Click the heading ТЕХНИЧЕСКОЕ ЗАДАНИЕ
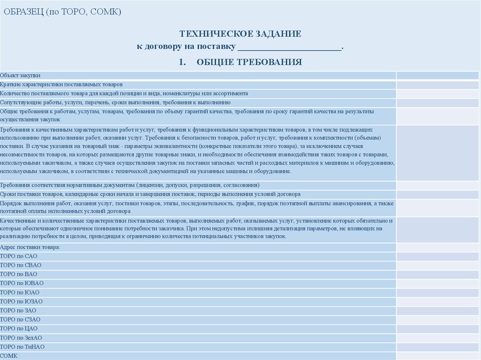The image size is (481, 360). click(240, 34)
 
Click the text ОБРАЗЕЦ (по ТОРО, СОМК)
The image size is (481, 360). click(62, 12)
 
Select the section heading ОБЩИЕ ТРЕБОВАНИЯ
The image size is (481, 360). click(248, 62)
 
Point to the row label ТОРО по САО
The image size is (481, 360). click(19, 256)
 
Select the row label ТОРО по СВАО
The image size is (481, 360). click(21, 265)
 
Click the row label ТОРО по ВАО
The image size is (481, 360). click(19, 274)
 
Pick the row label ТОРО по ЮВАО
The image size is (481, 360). click(22, 283)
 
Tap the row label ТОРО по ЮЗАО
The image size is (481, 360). click(22, 301)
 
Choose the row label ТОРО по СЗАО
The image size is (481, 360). click(20, 320)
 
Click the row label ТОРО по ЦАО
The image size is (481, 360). click(19, 329)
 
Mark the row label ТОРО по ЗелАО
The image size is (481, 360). click(21, 338)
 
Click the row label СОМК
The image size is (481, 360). click(9, 356)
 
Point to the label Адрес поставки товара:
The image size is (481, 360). click(30, 247)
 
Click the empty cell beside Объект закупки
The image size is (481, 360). click(438, 75)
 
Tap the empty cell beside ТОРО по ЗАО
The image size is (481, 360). click(438, 311)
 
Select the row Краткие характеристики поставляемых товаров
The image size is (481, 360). click(61, 84)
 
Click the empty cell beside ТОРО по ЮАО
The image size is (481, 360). click(438, 292)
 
